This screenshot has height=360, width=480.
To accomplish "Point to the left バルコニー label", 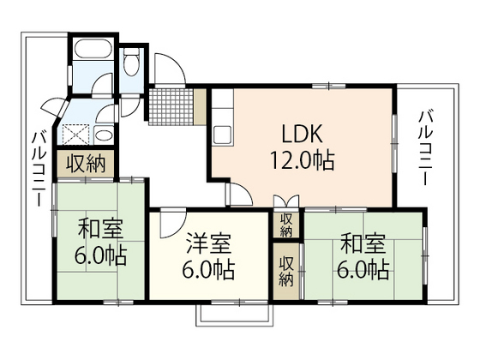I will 39,166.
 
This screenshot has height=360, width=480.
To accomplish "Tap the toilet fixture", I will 130,64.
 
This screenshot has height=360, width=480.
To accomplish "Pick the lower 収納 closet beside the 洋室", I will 286,270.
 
